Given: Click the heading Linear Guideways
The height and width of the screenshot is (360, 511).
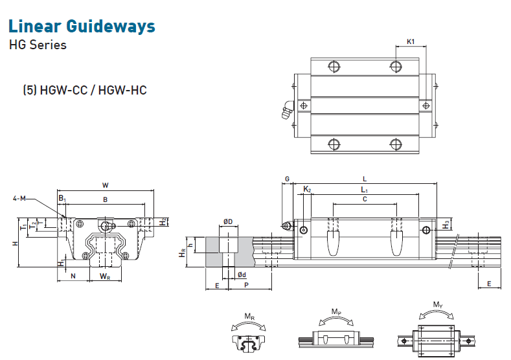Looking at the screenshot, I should tap(82, 27).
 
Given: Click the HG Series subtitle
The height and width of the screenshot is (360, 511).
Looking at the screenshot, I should tap(37, 45).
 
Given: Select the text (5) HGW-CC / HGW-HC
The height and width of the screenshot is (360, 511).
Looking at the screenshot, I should tap(85, 90).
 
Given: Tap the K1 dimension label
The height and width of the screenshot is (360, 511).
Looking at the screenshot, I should tap(410, 42).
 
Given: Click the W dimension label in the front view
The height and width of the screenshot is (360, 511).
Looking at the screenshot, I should tap(106, 185).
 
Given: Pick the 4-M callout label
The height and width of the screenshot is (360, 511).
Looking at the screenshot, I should tap(19, 198).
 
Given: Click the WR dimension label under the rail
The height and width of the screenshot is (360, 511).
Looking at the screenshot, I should tap(105, 276).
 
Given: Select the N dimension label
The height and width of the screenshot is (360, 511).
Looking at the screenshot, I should tap(73, 276).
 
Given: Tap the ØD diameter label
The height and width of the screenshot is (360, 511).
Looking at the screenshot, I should tap(227, 222).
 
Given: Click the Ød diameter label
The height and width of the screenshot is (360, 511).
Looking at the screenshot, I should tap(241, 275).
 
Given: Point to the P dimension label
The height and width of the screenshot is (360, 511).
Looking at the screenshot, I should tap(246, 285).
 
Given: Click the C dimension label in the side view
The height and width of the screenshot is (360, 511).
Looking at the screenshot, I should tap(365, 199).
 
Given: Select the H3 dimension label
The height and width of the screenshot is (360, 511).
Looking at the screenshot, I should tap(446, 224).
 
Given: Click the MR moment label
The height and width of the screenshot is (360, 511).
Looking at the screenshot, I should tap(249, 316).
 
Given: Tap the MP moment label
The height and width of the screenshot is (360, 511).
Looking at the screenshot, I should tap(335, 312).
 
